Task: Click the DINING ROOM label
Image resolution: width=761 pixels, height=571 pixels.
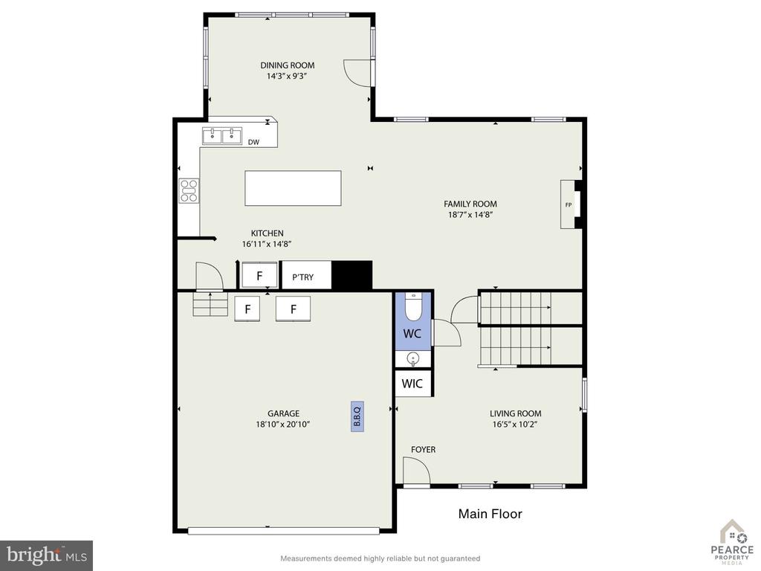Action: pyautogui.click(x=288, y=65)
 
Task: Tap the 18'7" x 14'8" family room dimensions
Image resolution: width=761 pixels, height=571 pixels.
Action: pyautogui.click(x=470, y=215)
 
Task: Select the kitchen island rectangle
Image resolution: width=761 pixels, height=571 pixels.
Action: pyautogui.click(x=293, y=188)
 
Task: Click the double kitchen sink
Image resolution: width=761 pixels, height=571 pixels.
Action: pyautogui.click(x=221, y=137)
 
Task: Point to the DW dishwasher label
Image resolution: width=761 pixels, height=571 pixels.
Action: pyautogui.click(x=253, y=142)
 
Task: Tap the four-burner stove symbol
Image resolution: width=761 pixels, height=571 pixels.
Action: pyautogui.click(x=189, y=191)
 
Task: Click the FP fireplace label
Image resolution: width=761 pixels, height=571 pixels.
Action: pyautogui.click(x=569, y=205)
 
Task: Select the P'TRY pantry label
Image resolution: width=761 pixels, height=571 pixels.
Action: pyautogui.click(x=303, y=277)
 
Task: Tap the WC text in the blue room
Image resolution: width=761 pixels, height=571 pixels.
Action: pyautogui.click(x=412, y=334)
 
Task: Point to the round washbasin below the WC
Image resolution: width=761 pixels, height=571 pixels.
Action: pyautogui.click(x=413, y=359)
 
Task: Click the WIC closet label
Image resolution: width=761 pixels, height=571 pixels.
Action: pyautogui.click(x=412, y=384)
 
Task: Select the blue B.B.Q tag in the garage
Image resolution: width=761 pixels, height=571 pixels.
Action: pyautogui.click(x=357, y=416)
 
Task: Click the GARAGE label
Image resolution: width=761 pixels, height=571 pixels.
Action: pyautogui.click(x=283, y=413)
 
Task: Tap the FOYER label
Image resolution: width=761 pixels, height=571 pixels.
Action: pyautogui.click(x=423, y=450)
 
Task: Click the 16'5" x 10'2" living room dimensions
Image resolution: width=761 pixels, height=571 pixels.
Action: pyautogui.click(x=516, y=425)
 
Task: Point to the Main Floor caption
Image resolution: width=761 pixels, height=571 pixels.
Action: pyautogui.click(x=490, y=514)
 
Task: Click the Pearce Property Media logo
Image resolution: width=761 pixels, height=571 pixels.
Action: pyautogui.click(x=732, y=542)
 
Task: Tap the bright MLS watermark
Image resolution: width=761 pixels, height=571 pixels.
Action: pyautogui.click(x=47, y=555)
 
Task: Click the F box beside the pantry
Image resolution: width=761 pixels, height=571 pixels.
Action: pyautogui.click(x=259, y=276)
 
